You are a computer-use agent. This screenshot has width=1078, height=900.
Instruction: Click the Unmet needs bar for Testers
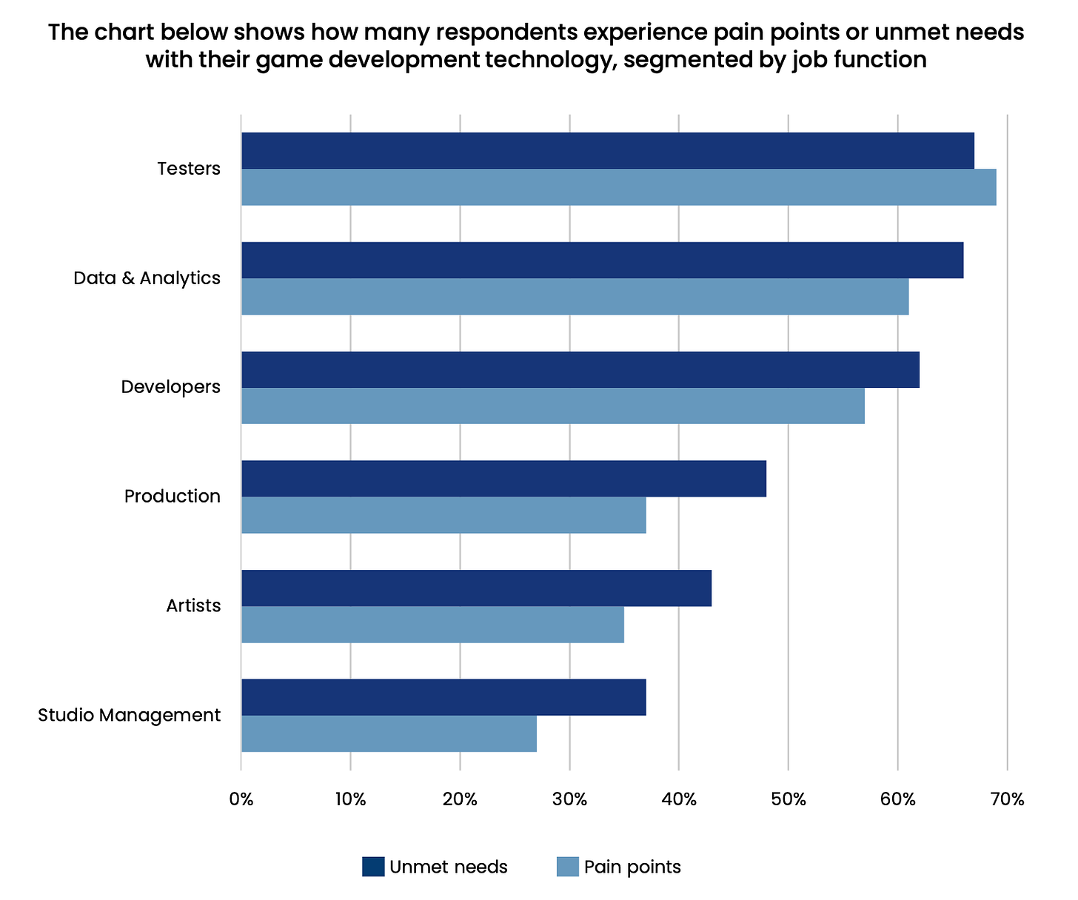coord(607,151)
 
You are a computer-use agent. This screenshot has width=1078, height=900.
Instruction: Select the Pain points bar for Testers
coord(618,187)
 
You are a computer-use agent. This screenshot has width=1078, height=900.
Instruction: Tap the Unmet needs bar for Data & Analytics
coord(602,260)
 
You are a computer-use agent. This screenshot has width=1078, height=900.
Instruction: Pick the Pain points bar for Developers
coord(552,406)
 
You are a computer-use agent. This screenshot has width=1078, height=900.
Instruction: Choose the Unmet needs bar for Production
coord(503,478)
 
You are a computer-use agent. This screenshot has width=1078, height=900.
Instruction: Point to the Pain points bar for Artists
coord(432,624)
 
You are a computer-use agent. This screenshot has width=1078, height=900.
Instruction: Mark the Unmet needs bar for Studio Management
coord(443,697)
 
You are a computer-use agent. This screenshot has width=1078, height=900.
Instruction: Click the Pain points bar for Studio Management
coord(389,733)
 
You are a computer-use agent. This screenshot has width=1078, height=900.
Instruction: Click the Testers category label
coord(189,169)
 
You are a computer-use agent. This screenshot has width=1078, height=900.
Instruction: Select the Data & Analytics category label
coord(147,278)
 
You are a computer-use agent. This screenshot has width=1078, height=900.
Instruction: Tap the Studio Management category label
coord(129,716)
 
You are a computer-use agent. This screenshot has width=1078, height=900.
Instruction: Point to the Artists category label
coord(193,606)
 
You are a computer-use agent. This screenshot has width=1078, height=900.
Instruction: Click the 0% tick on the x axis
coord(241,799)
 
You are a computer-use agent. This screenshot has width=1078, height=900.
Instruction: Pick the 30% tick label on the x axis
coord(569,799)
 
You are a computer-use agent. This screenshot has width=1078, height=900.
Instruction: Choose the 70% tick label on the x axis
coord(1007,799)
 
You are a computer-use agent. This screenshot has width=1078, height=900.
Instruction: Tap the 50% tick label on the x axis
coord(788,799)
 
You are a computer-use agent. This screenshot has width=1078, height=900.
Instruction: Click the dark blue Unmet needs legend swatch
coord(373,867)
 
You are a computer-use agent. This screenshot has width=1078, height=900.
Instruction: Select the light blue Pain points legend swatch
coord(567,867)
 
